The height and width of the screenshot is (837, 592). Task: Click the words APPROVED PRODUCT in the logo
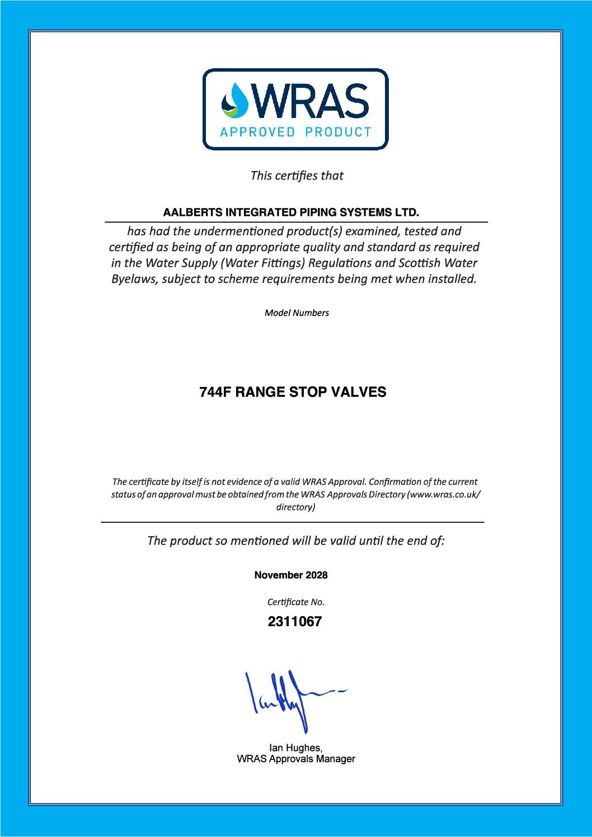tap(295, 132)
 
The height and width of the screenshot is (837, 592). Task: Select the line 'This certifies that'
tap(297, 176)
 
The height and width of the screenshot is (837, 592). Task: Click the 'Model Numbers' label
tap(297, 313)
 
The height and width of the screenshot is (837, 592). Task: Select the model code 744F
tap(215, 392)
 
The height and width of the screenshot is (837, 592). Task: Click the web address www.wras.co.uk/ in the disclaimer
tap(445, 494)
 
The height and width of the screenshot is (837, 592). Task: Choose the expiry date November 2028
tap(291, 575)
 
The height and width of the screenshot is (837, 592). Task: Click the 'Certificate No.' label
tap(295, 602)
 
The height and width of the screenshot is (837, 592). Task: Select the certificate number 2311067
tap(295, 622)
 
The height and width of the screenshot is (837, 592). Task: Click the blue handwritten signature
tap(285, 699)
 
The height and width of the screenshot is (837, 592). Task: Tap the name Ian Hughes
tap(295, 748)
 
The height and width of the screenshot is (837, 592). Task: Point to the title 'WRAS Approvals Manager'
tap(296, 759)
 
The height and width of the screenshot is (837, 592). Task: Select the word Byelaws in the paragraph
tap(134, 279)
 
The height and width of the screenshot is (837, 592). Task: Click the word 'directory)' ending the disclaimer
tap(295, 507)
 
